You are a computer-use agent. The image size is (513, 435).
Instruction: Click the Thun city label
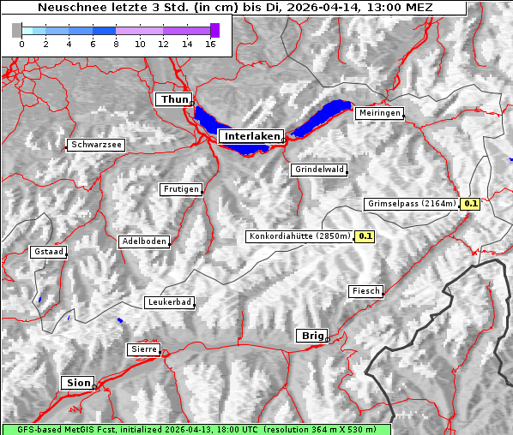coord(174,100)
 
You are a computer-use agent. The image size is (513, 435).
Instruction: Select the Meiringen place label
coord(378,113)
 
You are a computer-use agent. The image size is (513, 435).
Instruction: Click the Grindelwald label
coord(319,170)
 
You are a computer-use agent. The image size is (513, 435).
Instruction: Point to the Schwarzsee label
coord(96,146)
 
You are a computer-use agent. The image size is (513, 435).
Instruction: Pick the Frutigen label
coord(181,189)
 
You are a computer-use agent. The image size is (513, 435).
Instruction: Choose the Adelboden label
coord(143,242)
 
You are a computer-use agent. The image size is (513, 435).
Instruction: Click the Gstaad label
coord(48,253)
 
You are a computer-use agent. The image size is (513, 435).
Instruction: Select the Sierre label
coord(143,349)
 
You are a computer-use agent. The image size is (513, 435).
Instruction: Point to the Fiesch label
coord(365,292)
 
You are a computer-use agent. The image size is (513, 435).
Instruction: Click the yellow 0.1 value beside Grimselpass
coord(470,204)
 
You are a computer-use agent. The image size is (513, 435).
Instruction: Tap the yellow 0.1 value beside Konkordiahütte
coord(365,236)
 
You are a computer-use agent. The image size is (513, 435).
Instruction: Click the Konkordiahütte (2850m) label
coord(299,236)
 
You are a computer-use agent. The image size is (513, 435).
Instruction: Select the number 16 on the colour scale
coord(211,45)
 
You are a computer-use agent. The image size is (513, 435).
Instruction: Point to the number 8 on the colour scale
coord(116,45)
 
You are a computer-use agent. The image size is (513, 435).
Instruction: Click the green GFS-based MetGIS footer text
coord(196,429)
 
